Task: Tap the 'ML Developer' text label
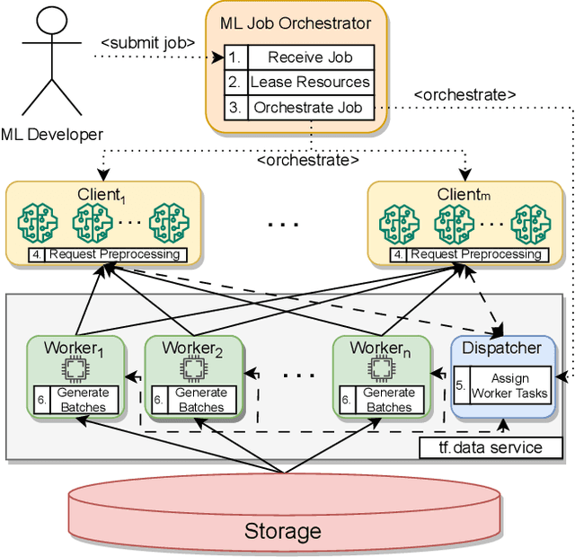[x=52, y=135]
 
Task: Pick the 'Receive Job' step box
[x=310, y=57]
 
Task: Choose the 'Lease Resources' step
[x=310, y=82]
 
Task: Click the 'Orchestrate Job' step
[x=310, y=107]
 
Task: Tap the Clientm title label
[x=464, y=194]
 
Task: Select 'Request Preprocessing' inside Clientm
[x=475, y=254]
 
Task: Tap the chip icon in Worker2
[x=191, y=369]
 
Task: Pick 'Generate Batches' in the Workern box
[x=390, y=399]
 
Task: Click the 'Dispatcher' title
[x=500, y=347]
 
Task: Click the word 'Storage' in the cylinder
[x=282, y=531]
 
